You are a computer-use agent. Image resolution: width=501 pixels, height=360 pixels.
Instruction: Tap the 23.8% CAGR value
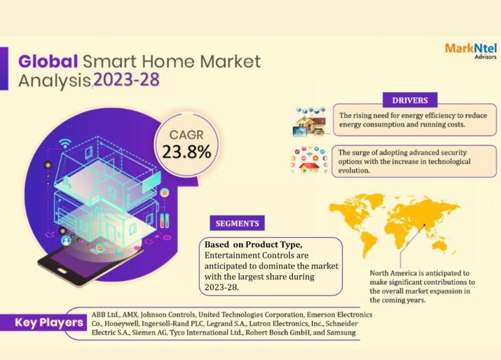tap(187, 152)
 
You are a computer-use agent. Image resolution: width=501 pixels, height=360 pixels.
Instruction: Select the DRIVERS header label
tap(410, 100)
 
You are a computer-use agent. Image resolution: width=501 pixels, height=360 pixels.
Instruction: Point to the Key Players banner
tap(50, 322)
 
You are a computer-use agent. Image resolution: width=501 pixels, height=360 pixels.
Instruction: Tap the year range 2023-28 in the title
tap(126, 80)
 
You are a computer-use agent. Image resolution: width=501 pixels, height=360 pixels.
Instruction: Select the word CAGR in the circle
tap(187, 134)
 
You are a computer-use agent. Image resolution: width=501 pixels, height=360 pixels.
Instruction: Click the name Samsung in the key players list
tap(339, 333)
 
